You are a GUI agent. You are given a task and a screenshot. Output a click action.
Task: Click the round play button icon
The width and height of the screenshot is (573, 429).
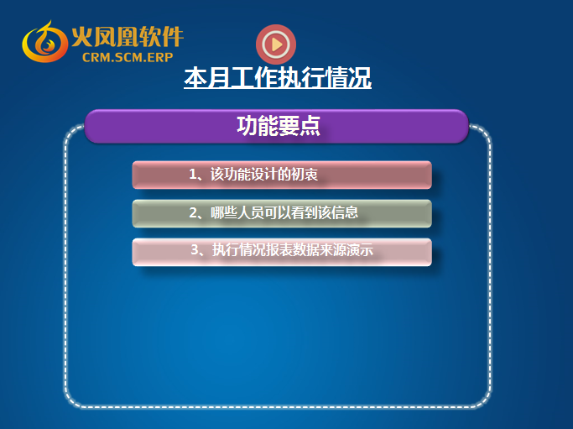276,44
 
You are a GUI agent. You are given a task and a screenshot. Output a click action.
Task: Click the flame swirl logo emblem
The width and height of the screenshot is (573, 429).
44,42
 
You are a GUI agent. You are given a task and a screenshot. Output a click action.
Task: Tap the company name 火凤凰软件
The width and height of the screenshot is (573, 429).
128,37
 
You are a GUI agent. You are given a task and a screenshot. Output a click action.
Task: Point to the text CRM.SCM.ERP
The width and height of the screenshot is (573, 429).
128,57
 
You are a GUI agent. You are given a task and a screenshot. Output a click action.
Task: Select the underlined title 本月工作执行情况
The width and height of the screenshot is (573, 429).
278,77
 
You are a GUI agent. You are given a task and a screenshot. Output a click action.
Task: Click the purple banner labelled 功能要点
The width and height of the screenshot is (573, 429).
276,126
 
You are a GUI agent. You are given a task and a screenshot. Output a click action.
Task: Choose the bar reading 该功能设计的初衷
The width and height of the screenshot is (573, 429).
282,175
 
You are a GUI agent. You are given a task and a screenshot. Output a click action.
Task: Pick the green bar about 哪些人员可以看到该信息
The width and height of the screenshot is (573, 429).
282,213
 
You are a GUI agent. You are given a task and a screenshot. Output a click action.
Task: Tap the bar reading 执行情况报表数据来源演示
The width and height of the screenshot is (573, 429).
282,252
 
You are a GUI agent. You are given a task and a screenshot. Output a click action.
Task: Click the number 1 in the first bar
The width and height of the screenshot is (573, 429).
193,174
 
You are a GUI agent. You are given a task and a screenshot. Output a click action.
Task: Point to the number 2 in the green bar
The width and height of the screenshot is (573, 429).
193,213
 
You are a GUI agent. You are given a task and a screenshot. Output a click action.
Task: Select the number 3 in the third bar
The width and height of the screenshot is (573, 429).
195,250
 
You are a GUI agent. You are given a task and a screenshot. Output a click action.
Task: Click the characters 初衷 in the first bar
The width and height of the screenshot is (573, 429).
305,175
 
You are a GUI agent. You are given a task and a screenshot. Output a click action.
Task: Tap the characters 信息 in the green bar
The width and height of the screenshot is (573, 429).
345,212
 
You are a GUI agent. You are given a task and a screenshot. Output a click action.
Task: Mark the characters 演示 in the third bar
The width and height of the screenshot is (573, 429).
360,250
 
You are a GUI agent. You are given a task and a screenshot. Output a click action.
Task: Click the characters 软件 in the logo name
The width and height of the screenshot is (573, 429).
161,37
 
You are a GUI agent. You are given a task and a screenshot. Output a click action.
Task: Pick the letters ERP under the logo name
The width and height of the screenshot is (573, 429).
160,57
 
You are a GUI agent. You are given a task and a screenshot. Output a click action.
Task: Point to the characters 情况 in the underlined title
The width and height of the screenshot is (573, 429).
348,77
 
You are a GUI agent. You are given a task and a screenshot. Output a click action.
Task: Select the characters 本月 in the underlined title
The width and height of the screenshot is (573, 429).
207,77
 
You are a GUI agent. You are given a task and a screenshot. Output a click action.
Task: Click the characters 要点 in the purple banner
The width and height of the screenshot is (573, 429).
300,126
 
